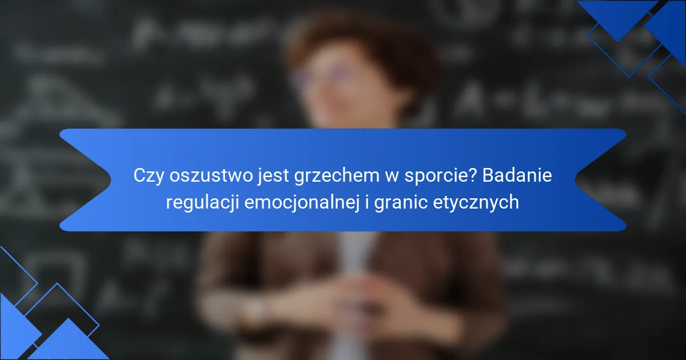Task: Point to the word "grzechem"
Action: point(337,176)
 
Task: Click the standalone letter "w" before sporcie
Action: point(392,178)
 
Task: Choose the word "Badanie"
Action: point(517,175)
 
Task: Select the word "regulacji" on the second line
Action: point(202,203)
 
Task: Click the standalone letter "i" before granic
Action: point(367,202)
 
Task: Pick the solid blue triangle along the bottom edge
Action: point(69,343)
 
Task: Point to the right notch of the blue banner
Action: point(601,180)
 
